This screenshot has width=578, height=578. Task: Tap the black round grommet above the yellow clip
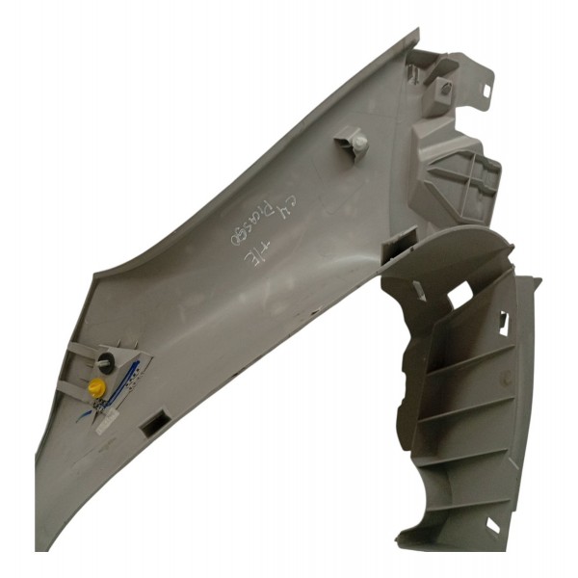[106, 361]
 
